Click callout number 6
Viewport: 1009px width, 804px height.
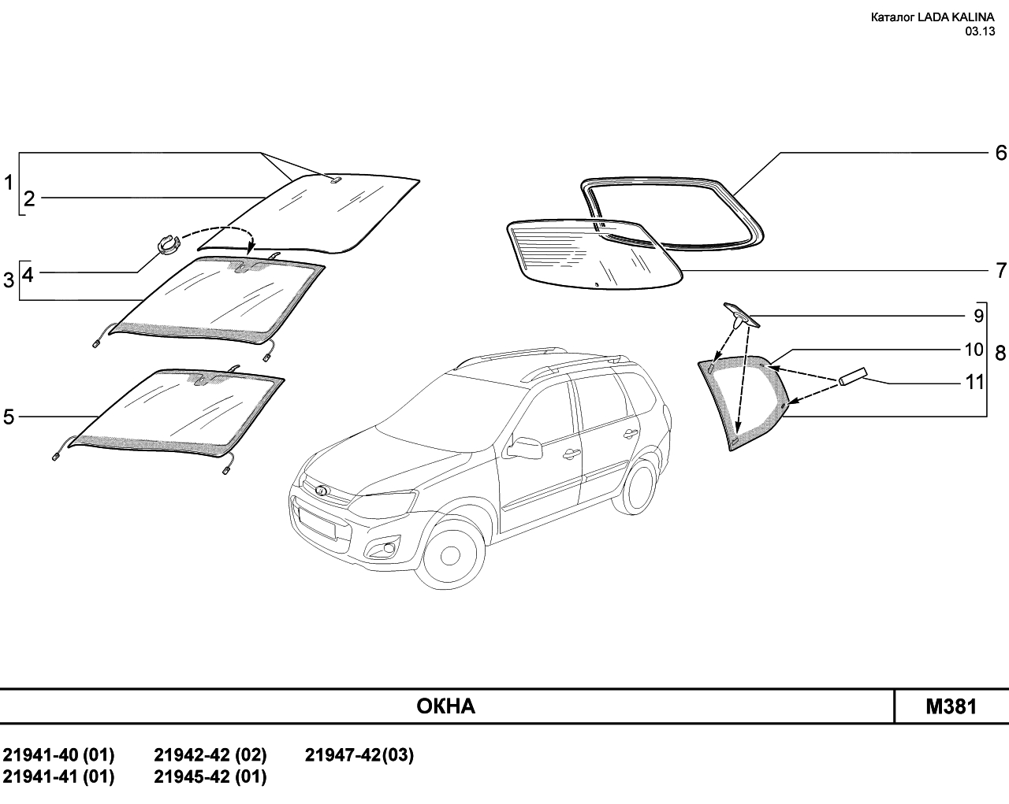point(1000,153)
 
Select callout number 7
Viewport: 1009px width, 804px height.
point(1000,271)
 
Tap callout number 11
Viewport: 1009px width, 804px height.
point(975,383)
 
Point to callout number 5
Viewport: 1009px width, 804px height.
point(9,417)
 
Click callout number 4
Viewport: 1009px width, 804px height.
point(28,275)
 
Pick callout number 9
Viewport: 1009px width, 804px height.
point(977,316)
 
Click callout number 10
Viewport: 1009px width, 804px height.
point(974,349)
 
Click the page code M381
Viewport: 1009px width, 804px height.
point(951,706)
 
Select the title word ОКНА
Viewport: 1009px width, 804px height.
point(445,706)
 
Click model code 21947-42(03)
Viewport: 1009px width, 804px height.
point(359,756)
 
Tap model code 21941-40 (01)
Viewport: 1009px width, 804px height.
point(59,756)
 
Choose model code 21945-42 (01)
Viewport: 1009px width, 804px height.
point(210,777)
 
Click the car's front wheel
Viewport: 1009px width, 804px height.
point(450,556)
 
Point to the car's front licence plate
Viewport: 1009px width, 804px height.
point(320,523)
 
